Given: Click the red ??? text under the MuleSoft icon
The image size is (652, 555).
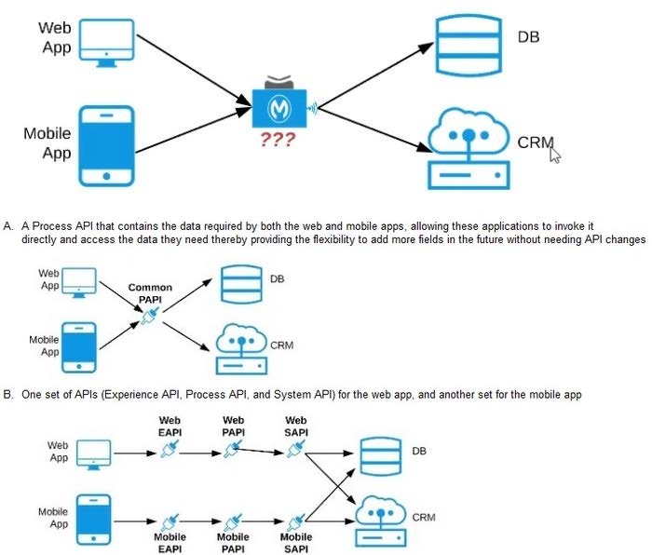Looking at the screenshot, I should click(x=278, y=141).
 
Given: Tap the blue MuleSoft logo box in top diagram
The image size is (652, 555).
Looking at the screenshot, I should click(x=278, y=109).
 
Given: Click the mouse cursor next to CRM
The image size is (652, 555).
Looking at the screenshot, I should click(x=556, y=154).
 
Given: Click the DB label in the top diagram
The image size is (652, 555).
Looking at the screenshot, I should click(x=528, y=37).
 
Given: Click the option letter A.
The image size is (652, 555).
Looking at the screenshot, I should click(x=7, y=226).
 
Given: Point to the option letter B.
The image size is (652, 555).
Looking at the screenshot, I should click(x=7, y=395).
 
